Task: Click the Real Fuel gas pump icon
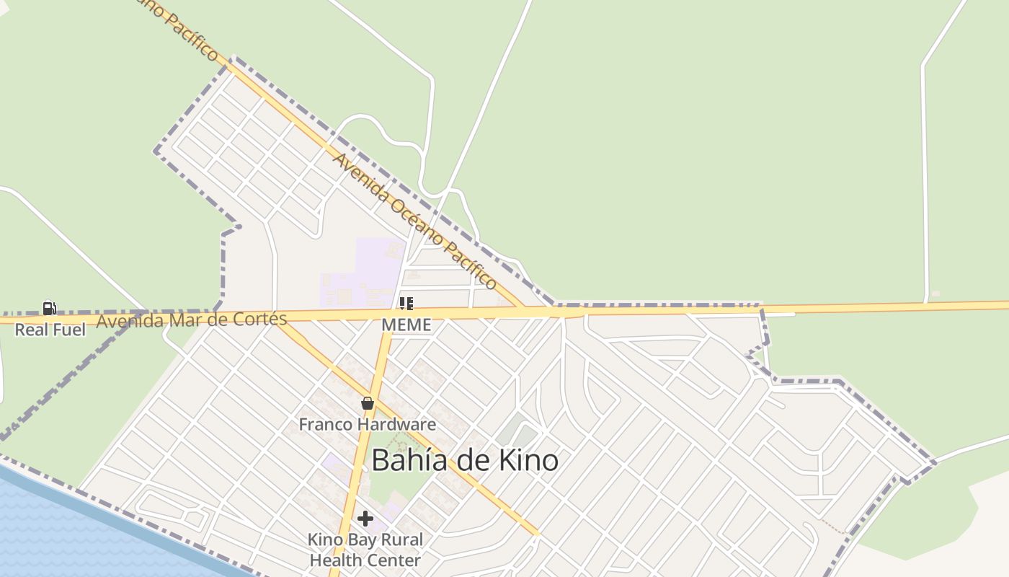click(x=49, y=309)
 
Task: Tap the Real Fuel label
click(x=50, y=330)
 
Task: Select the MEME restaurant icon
click(x=406, y=304)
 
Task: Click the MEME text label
click(x=406, y=325)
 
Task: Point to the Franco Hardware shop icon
click(x=368, y=403)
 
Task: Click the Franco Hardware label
click(x=368, y=424)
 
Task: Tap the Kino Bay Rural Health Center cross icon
click(x=365, y=519)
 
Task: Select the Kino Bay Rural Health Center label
click(x=365, y=550)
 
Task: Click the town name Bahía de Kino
click(x=465, y=460)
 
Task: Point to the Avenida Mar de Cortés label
click(x=192, y=320)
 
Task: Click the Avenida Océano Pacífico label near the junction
click(x=414, y=220)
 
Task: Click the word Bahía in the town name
click(x=404, y=460)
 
